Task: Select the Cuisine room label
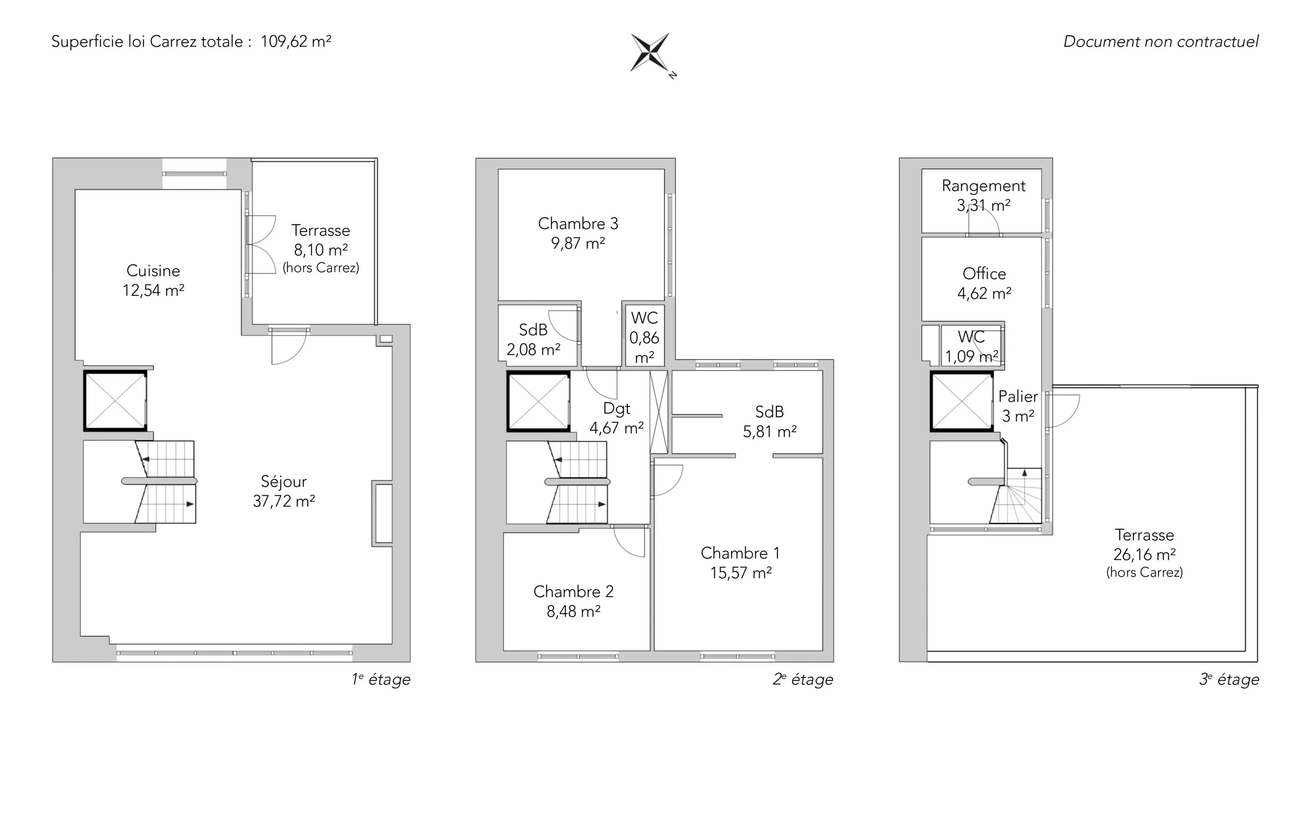point(154,271)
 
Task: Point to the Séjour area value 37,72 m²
point(284,501)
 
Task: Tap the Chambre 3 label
point(578,224)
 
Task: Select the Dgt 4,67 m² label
point(617,418)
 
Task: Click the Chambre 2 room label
point(573,592)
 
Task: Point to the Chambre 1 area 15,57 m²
point(741,573)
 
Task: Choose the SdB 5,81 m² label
point(770,421)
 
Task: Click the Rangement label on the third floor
point(984,186)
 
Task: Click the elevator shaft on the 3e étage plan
point(962,401)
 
